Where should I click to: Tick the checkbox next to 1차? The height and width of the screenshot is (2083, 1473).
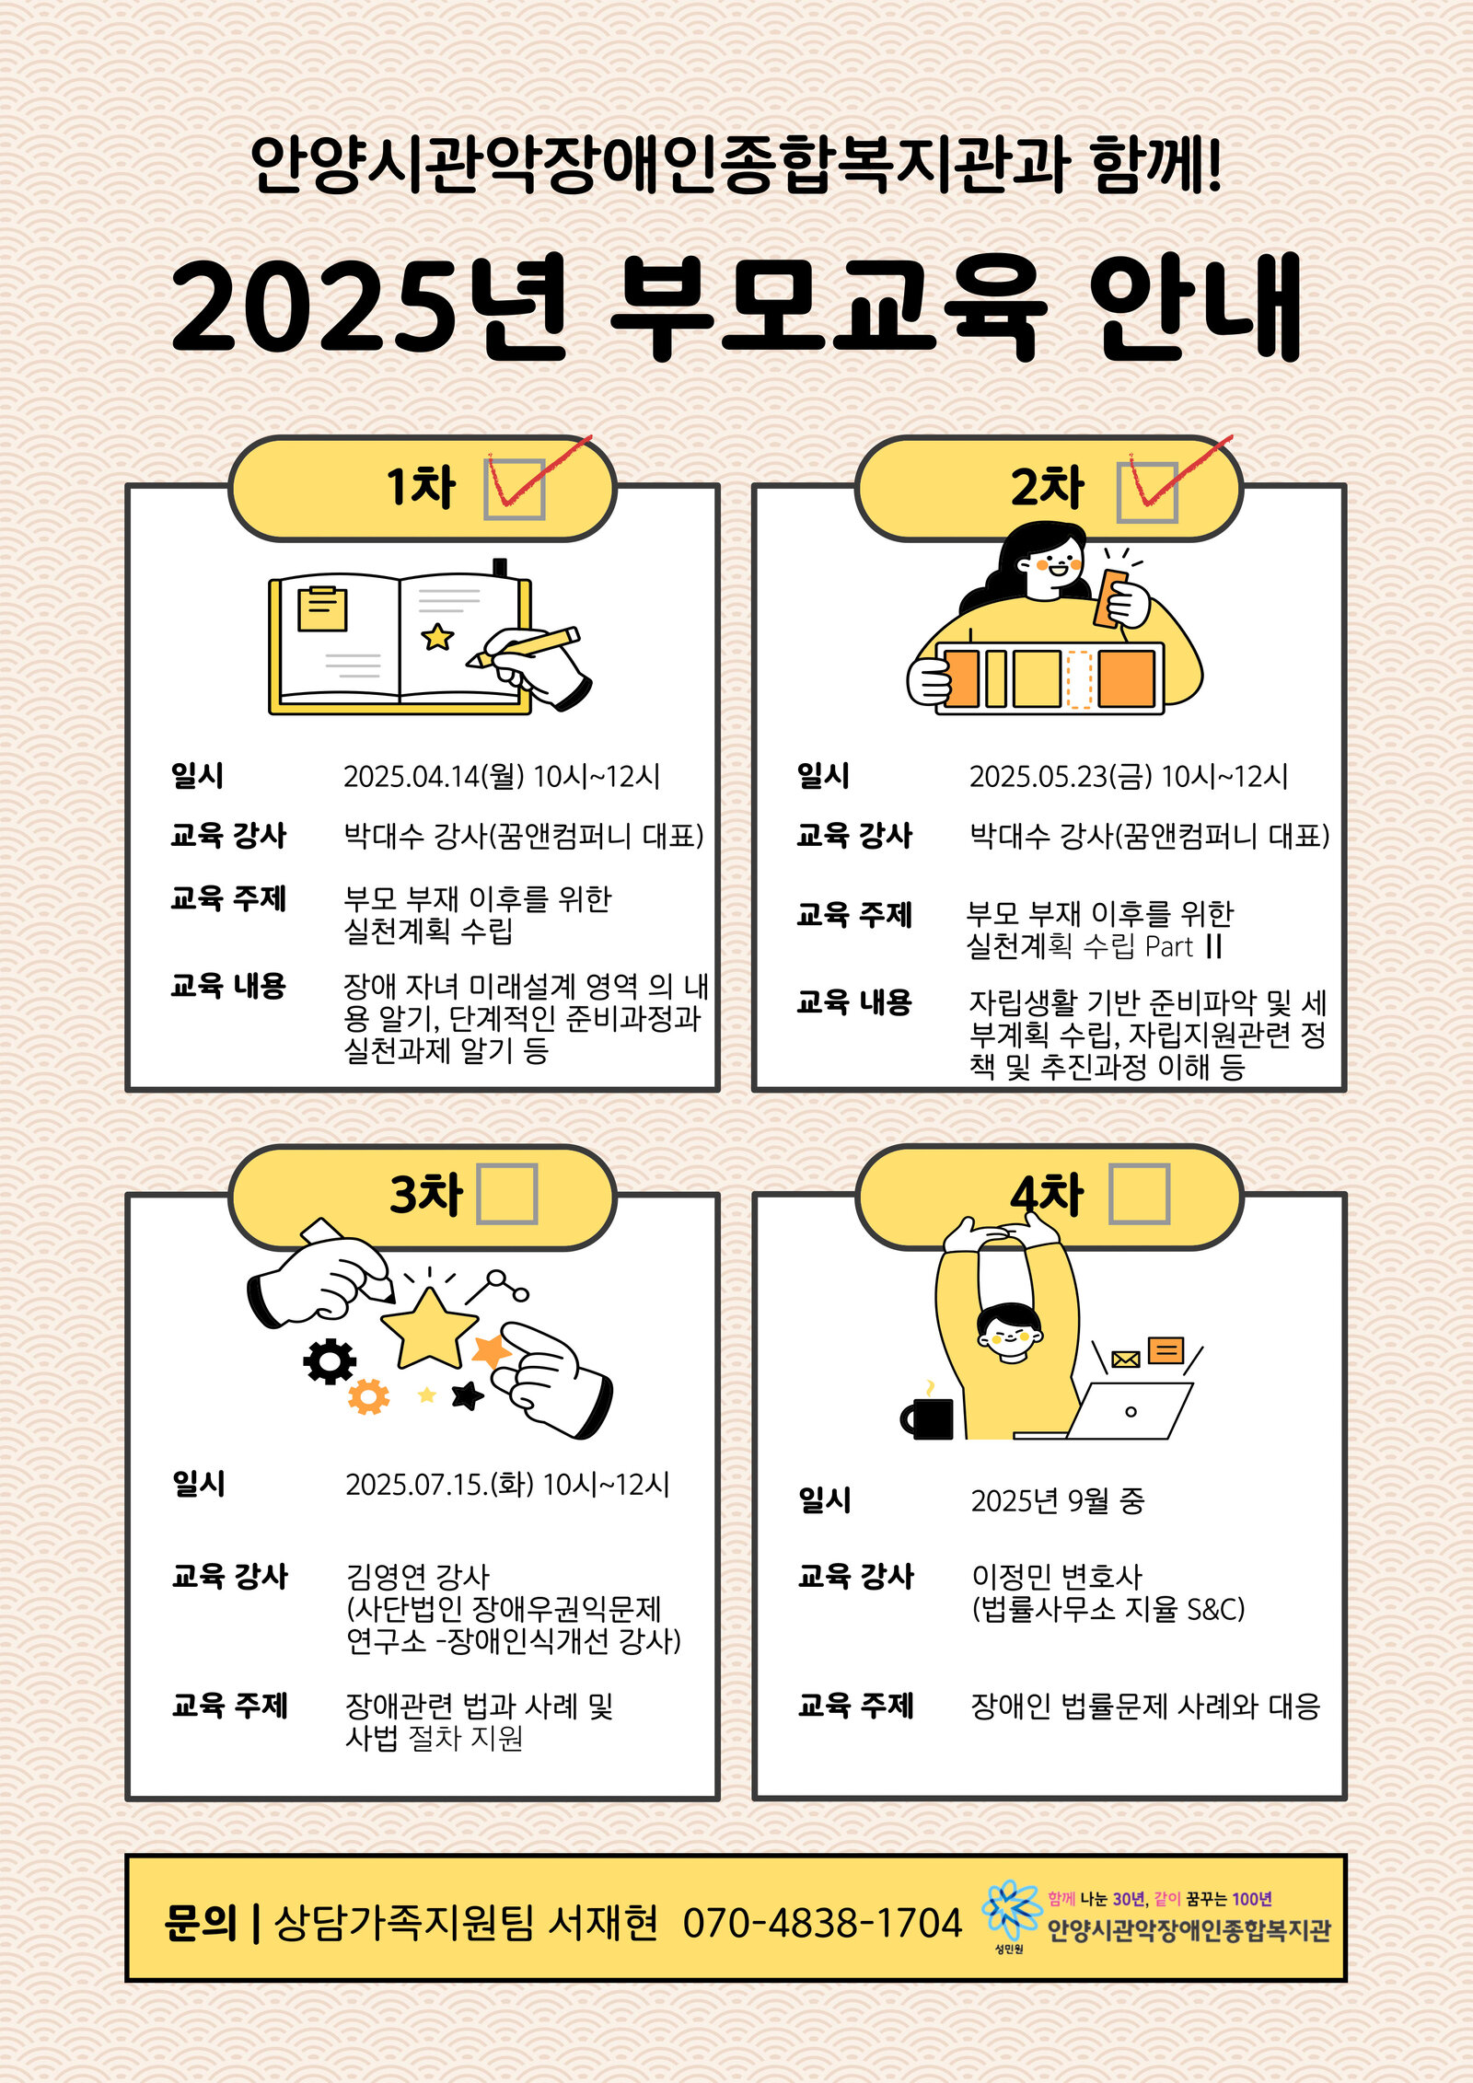pos(515,489)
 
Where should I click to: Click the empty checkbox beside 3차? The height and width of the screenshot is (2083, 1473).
pos(506,1194)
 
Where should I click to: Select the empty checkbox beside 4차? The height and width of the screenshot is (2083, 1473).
pos(1139,1194)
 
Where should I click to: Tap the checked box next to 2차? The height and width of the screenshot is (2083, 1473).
pos(1147,492)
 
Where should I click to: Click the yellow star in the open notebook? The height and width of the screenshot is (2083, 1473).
pos(437,636)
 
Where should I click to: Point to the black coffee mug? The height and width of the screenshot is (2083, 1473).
pos(927,1418)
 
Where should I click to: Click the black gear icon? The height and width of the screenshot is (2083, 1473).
pos(330,1362)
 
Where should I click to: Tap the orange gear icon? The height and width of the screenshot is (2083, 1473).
pos(368,1396)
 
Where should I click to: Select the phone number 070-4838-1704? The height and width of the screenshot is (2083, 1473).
pos(822,1924)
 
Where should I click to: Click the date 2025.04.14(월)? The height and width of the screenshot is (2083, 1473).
pos(434,776)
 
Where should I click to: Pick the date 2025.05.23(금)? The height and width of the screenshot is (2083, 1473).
pos(1061,776)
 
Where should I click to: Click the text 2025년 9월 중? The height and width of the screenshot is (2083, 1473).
pos(1058,1501)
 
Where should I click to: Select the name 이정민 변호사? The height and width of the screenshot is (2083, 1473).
pos(1057,1577)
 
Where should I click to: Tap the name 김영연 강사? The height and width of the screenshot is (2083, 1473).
pos(418,1577)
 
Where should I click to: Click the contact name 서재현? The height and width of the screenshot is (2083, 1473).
pos(603,1923)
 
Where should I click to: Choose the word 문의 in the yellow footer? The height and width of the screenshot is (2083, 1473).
pos(200,1923)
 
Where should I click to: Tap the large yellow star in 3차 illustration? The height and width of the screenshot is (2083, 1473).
pos(429,1328)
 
